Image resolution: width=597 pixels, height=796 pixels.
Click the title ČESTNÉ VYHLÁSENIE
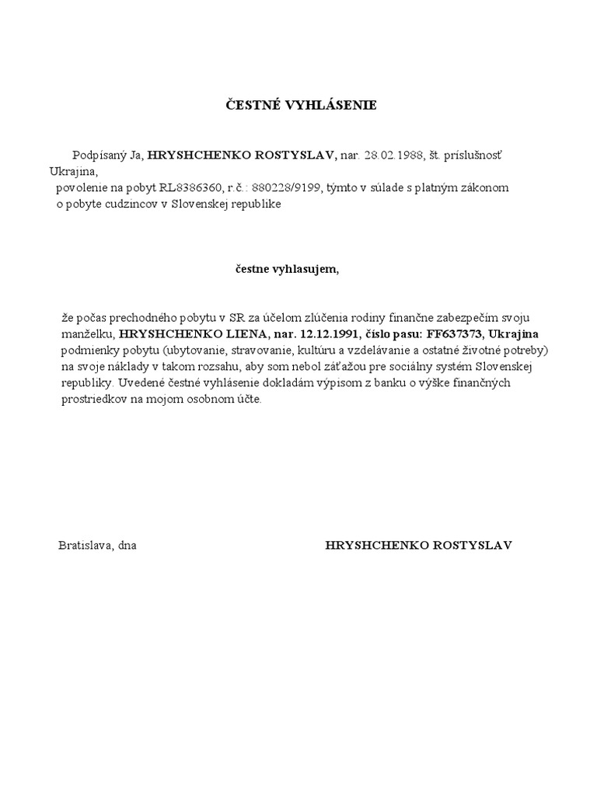point(300,105)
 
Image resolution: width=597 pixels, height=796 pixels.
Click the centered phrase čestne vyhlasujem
point(288,269)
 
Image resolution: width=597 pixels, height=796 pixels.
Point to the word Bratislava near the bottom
point(85,545)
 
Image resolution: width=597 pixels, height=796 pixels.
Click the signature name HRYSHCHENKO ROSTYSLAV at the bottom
point(418,545)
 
